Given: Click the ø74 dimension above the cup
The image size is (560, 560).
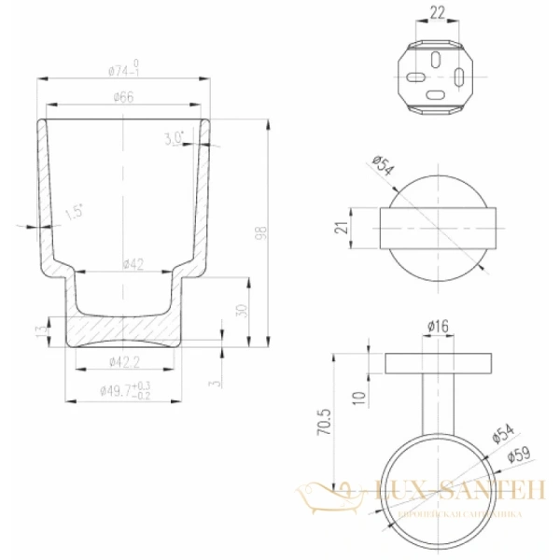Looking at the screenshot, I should coord(123,69).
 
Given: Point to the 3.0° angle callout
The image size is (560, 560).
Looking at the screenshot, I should coord(174,138).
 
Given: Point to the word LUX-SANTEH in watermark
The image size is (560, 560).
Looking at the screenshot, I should coord(456,488).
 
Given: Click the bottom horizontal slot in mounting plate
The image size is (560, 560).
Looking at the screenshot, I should coord(436,94).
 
